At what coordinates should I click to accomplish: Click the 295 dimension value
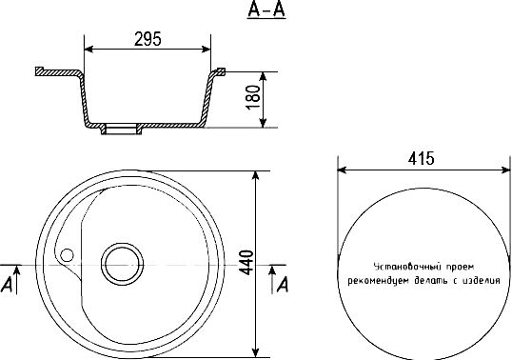[148, 39]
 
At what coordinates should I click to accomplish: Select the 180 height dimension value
[254, 98]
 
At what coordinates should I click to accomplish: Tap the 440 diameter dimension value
[246, 263]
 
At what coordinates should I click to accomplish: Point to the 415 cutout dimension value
[421, 159]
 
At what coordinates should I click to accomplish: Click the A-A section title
[266, 10]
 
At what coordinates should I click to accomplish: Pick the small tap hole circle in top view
[68, 255]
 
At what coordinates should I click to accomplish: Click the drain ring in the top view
[122, 264]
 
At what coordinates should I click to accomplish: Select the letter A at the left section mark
[7, 284]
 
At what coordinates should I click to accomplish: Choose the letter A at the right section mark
[283, 284]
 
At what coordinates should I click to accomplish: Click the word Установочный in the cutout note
[404, 267]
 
